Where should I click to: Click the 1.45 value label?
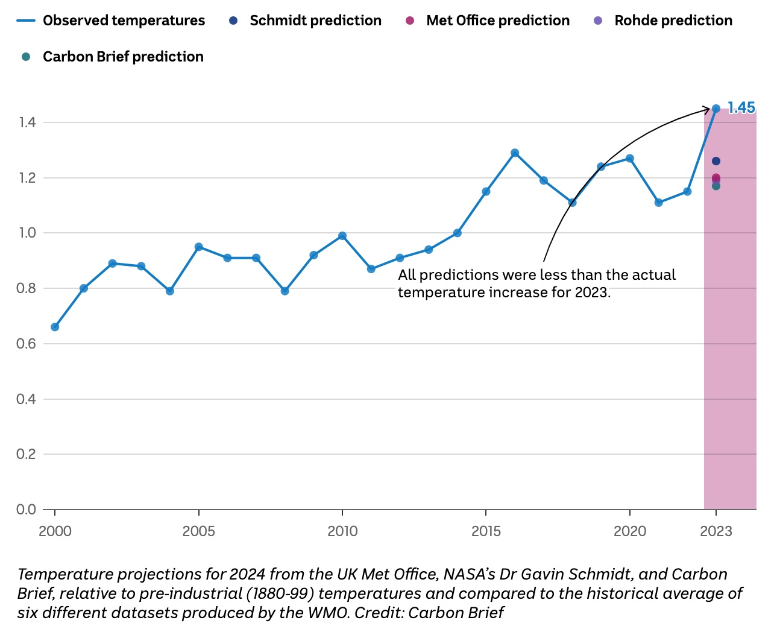(741, 108)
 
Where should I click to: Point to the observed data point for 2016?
(515, 153)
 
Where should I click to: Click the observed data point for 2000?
(55, 327)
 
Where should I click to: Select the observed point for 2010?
(342, 236)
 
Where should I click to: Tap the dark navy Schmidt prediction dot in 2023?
(716, 161)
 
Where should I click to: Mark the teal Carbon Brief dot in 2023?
(716, 186)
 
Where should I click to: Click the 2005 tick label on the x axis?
(198, 531)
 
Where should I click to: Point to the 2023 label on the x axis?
(716, 531)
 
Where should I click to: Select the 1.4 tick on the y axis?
(27, 123)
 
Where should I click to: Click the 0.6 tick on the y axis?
(27, 344)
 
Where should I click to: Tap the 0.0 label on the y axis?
(27, 510)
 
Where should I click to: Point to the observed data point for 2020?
(630, 159)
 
